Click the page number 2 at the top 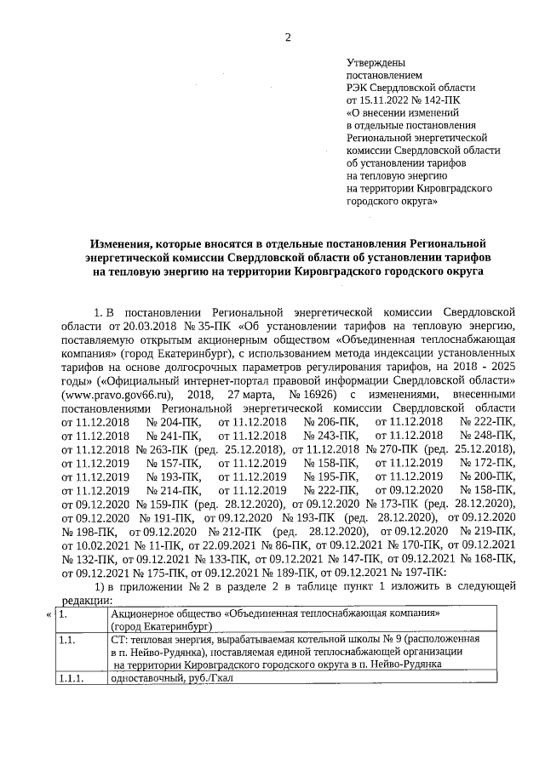click(x=287, y=37)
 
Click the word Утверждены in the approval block click(x=376, y=62)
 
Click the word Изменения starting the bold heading click(x=126, y=245)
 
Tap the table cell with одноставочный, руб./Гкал click(x=171, y=677)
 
